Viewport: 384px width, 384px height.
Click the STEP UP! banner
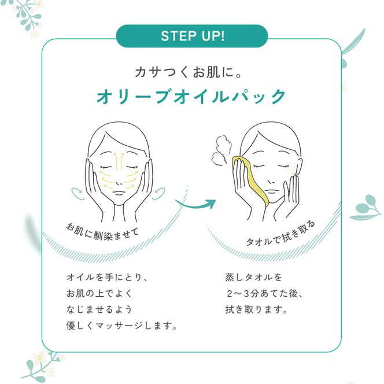point(192,36)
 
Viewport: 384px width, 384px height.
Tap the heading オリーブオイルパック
point(191,96)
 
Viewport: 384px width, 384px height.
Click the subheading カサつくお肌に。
point(188,72)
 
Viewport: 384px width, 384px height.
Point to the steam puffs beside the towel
point(221,149)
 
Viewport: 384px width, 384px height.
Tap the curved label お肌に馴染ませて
point(102,232)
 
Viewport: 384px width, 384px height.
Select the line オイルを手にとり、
point(107,278)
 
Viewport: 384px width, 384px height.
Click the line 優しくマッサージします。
point(121,326)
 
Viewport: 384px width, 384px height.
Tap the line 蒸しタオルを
point(253,278)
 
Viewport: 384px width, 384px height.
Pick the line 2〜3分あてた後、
point(265,293)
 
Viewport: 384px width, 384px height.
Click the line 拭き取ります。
point(256,309)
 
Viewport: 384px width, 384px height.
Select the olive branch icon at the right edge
point(365,208)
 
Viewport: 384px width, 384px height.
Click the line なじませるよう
point(99,309)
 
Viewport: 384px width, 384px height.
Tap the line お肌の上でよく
point(99,293)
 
